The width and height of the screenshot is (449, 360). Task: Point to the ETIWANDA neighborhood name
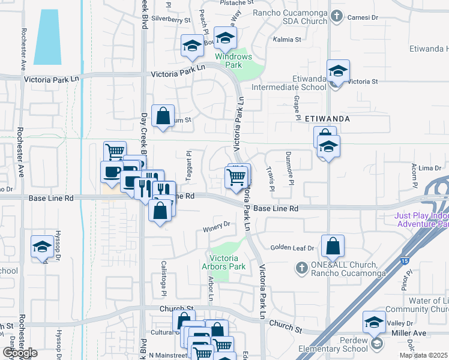click(327, 119)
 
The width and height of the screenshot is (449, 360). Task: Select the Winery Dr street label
click(217, 226)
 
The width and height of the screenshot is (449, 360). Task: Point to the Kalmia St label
click(287, 40)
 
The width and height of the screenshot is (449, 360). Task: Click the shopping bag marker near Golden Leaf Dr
click(333, 245)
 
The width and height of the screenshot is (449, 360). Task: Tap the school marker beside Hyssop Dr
click(43, 247)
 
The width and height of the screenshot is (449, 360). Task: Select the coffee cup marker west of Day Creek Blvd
click(112, 172)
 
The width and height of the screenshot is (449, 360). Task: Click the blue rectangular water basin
click(47, 37)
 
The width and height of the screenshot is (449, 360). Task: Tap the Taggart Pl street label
click(188, 161)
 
